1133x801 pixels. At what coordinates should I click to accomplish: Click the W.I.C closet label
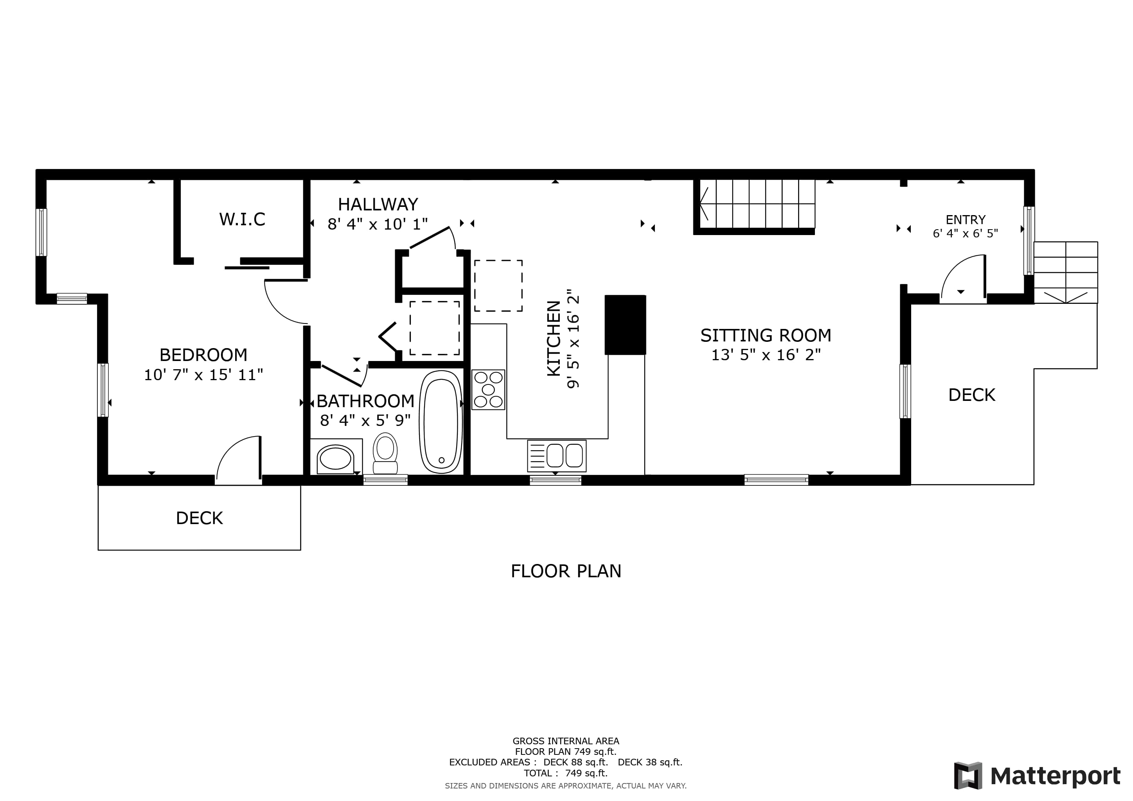coord(242,219)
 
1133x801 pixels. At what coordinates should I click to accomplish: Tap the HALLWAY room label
coord(378,204)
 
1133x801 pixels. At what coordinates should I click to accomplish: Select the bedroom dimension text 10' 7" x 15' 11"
coord(203,375)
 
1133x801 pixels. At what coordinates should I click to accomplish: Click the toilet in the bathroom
coord(385,453)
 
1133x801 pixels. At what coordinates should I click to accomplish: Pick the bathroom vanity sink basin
coord(336,459)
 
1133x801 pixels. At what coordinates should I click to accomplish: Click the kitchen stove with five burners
coord(488,390)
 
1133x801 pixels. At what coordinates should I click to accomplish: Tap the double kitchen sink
coord(557,456)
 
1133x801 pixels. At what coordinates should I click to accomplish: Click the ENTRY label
coord(966,219)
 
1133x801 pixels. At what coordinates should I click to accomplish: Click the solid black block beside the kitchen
coord(625,325)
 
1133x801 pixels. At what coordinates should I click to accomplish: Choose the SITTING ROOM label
coord(766,336)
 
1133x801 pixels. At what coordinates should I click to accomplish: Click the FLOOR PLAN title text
coord(566,571)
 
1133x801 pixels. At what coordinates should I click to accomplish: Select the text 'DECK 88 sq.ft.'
coord(575,762)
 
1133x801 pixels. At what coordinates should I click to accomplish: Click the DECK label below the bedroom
coord(200,518)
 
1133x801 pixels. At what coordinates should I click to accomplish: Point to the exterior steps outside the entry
coord(1066,272)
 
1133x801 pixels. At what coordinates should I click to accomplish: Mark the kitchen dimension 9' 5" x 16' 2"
coord(572,342)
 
